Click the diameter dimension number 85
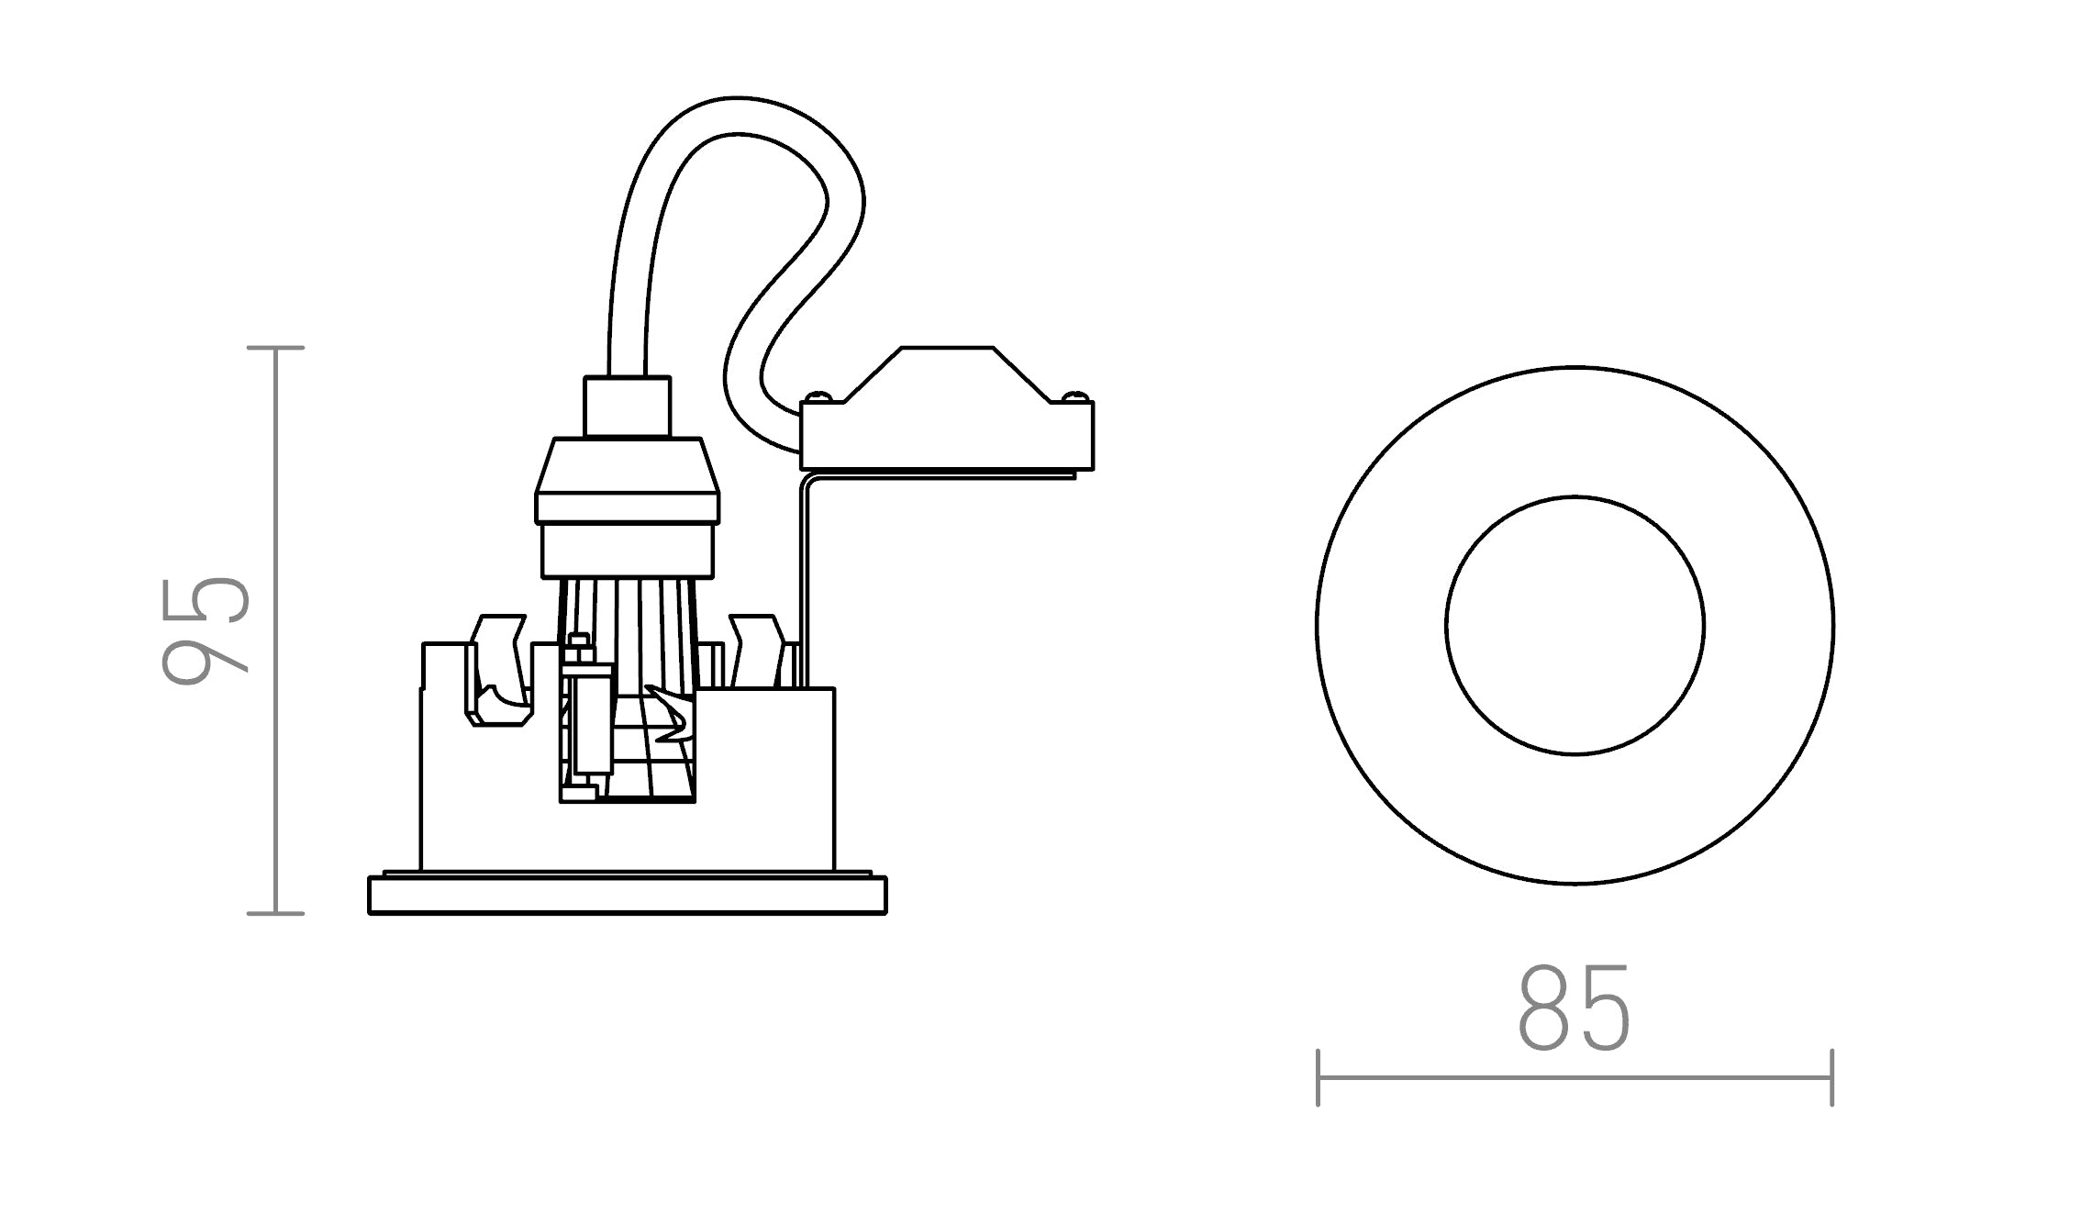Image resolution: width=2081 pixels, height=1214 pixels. (x=1575, y=1007)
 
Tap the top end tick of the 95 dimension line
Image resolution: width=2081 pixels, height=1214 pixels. (x=276, y=348)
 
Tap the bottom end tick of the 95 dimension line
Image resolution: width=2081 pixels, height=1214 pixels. (x=276, y=913)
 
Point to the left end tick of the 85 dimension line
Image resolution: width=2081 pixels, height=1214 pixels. (x=1318, y=1077)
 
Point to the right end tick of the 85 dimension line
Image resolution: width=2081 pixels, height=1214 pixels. (x=1831, y=1077)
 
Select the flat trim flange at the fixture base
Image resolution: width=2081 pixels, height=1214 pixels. (x=628, y=896)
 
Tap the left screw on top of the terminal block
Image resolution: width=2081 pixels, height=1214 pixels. (x=819, y=397)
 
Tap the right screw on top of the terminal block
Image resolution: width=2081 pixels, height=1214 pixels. (x=1075, y=397)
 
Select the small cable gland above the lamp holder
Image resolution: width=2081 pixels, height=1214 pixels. (x=628, y=406)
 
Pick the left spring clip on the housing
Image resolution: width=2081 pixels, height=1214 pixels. (x=498, y=670)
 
